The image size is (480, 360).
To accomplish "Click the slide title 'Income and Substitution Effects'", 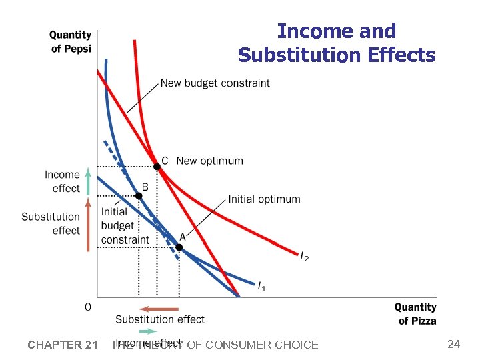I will pyautogui.click(x=336, y=43).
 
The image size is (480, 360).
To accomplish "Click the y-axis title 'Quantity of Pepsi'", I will pyautogui.click(x=71, y=41).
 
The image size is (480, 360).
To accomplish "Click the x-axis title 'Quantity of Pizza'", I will pyautogui.click(x=415, y=314).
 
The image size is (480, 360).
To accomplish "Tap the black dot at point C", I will pyautogui.click(x=157, y=167).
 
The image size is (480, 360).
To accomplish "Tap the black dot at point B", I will pyautogui.click(x=139, y=196).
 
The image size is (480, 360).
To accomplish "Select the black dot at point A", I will pyautogui.click(x=179, y=247).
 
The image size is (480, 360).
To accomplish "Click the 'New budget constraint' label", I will pyautogui.click(x=215, y=83).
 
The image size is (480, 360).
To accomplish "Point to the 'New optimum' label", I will pyautogui.click(x=209, y=161).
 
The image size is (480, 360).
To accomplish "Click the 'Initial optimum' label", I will pyautogui.click(x=264, y=199).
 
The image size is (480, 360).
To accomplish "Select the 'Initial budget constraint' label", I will pyautogui.click(x=125, y=225).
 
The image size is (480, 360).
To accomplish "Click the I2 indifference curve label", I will pyautogui.click(x=304, y=257).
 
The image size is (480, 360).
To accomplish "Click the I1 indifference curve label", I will pyautogui.click(x=262, y=287).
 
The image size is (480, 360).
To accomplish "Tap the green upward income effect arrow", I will pyautogui.click(x=88, y=180).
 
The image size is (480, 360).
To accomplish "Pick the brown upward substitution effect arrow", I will pyautogui.click(x=88, y=223).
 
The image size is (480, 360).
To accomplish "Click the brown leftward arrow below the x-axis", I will pyautogui.click(x=159, y=309).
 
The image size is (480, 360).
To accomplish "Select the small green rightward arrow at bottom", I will pyautogui.click(x=148, y=331).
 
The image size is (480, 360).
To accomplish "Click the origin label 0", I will pyautogui.click(x=87, y=307).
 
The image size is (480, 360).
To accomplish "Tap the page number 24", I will pyautogui.click(x=453, y=344).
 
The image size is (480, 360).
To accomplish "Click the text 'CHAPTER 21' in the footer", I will pyautogui.click(x=63, y=345).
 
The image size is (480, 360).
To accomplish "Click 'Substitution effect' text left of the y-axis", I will pyautogui.click(x=51, y=223).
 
